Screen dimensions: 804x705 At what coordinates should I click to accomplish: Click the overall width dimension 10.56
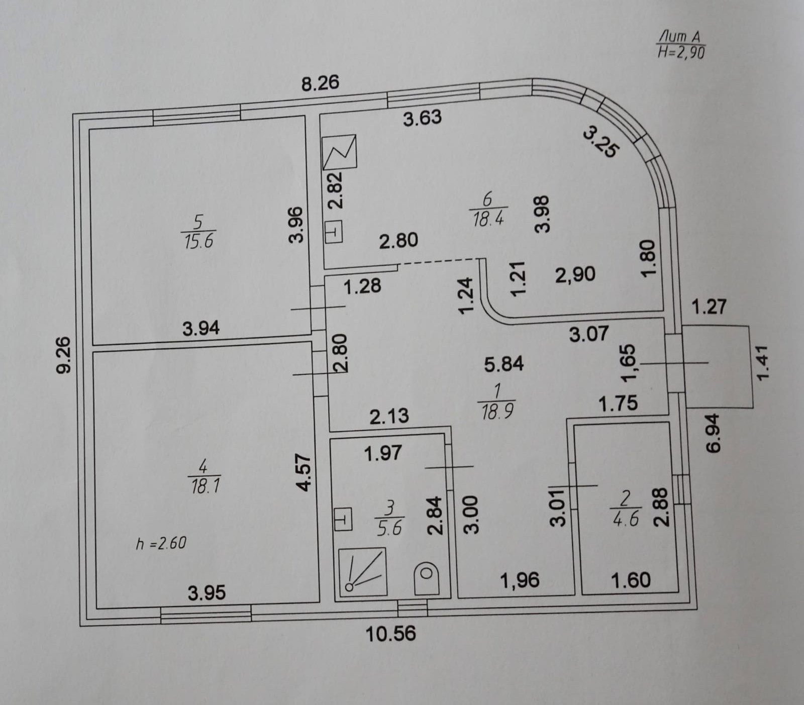(390, 633)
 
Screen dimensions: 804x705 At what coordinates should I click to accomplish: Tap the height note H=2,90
(681, 52)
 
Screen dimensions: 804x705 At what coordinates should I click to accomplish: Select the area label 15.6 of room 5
(198, 241)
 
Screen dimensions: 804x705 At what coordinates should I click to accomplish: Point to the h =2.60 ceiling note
(161, 543)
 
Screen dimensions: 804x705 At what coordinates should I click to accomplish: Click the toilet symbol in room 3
(426, 578)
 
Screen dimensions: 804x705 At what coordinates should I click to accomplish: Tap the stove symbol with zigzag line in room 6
(340, 152)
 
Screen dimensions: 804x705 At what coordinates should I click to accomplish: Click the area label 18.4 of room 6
(488, 219)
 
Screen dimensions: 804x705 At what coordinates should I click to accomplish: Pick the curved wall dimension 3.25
(601, 142)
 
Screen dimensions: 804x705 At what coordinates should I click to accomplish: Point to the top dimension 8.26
(320, 83)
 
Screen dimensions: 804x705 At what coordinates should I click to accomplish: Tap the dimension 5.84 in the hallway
(504, 364)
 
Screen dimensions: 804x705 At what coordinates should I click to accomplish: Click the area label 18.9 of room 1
(497, 412)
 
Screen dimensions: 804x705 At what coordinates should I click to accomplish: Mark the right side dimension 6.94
(714, 433)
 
